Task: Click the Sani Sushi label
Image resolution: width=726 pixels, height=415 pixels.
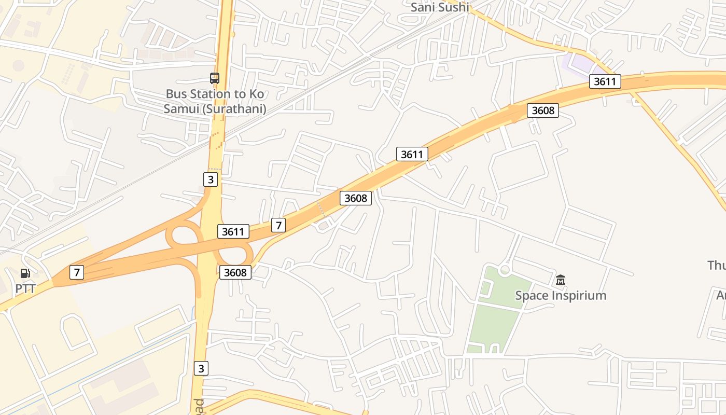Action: point(440,7)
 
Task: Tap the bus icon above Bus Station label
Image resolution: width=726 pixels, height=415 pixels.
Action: point(215,78)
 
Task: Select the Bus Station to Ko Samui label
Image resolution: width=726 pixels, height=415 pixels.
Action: point(215,102)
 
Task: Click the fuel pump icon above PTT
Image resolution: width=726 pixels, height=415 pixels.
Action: point(25,273)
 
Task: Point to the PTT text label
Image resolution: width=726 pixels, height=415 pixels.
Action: point(25,288)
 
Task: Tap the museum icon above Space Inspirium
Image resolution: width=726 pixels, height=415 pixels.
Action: point(560,280)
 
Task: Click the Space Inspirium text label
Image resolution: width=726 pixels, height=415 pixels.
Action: point(561,296)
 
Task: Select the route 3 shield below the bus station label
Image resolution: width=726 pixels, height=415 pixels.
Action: point(210,179)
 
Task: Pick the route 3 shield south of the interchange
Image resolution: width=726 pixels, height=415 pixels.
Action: point(202,368)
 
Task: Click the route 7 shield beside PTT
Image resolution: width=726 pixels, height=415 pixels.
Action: point(77,272)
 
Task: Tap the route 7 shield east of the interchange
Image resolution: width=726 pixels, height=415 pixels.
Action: point(278,225)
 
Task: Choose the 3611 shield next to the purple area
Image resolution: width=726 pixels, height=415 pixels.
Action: point(605,81)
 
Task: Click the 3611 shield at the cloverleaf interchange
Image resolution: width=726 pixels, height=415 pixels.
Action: point(233,231)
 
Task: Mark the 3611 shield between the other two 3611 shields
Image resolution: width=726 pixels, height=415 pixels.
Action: point(412,154)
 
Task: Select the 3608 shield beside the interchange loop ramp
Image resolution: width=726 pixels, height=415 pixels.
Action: point(235,272)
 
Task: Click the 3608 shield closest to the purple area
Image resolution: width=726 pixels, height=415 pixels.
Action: point(543,110)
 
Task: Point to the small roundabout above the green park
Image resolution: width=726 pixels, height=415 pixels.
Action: point(504,270)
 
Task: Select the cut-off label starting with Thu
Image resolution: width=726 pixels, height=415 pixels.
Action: point(717,266)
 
